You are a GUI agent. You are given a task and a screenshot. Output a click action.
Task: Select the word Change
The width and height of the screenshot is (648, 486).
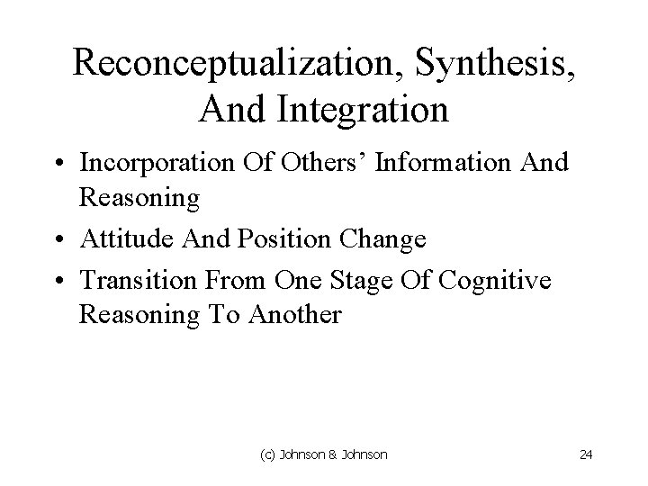(x=382, y=241)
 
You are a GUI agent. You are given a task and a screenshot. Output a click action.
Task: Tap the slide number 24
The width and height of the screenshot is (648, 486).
(x=587, y=454)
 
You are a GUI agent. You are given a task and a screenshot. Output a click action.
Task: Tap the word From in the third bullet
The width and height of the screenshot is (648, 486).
(x=233, y=280)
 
